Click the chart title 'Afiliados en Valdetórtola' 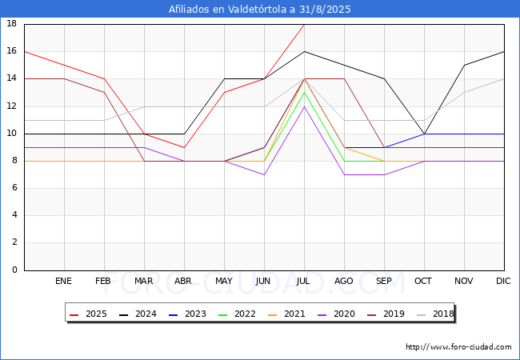point(259,10)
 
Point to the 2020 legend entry point(335,314)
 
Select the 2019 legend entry point(383,314)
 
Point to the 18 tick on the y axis point(12,24)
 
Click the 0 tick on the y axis point(14,270)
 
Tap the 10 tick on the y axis point(12,134)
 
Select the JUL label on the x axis point(304,282)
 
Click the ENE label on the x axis point(64,282)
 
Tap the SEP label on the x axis point(384,282)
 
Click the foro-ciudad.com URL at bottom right point(458,347)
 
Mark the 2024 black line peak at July point(304,51)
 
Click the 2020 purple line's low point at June point(264,174)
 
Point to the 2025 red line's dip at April point(184,147)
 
